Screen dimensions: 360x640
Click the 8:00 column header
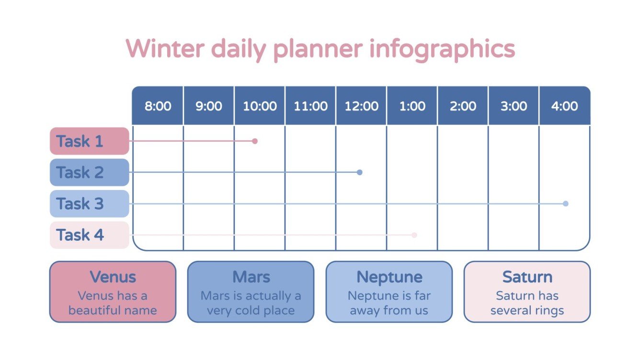click(x=158, y=106)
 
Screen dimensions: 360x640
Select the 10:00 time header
click(x=260, y=106)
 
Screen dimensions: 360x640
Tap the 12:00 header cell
click(x=361, y=106)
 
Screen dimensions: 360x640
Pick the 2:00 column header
click(x=463, y=106)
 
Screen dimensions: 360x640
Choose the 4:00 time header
click(x=564, y=106)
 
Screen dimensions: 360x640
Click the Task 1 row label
click(x=90, y=141)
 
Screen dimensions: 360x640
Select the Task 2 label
click(x=90, y=172)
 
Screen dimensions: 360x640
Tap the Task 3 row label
click(x=90, y=203)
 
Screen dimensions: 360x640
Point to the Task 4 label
click(x=90, y=235)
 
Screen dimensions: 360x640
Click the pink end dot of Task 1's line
click(x=255, y=141)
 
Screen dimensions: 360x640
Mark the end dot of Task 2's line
click(x=360, y=172)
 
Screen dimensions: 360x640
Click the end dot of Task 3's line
click(x=566, y=203)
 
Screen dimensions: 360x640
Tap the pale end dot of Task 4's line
click(x=414, y=235)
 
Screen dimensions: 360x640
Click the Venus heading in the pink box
click(x=113, y=277)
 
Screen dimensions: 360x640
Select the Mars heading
click(x=251, y=277)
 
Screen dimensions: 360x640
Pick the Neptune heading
click(x=389, y=277)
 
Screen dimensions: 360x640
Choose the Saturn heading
click(x=527, y=277)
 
